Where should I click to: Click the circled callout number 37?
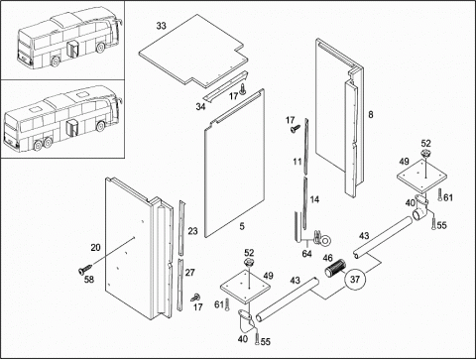point(355,280)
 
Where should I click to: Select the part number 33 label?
point(162,26)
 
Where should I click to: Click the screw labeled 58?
point(85,269)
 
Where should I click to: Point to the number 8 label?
point(371,114)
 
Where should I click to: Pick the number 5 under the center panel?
point(242,226)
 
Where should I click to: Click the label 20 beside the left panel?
point(95,247)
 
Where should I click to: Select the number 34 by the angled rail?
point(200,107)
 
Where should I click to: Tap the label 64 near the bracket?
point(307,254)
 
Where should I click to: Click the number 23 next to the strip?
point(192,231)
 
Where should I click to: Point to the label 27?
point(189,273)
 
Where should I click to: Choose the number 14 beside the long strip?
point(314,199)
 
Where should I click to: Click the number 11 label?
point(297,162)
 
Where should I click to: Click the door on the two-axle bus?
point(73,50)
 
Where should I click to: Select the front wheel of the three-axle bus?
point(100,126)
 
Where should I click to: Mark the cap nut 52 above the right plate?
point(425,153)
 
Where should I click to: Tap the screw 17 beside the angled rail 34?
point(243,89)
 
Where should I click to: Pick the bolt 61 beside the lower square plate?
point(227,304)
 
